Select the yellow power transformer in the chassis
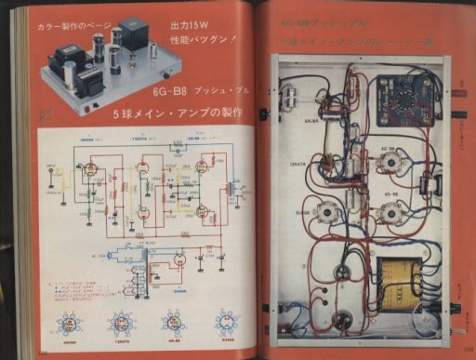[406, 284]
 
